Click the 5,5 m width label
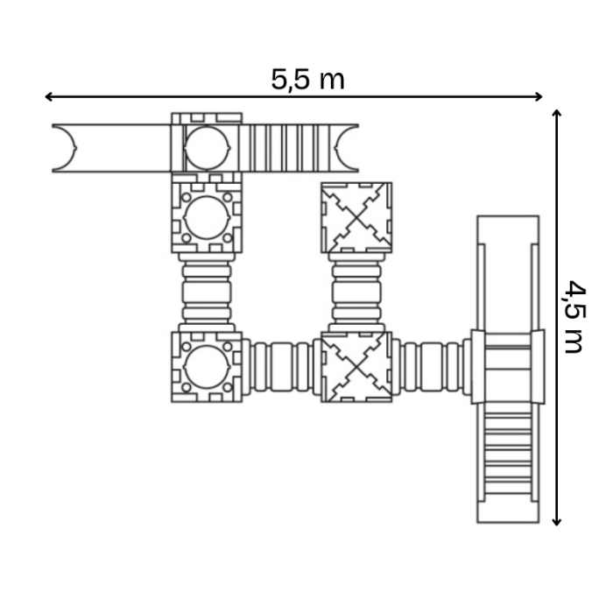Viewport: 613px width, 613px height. pos(307,80)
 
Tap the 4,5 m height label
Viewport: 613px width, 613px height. pos(573,316)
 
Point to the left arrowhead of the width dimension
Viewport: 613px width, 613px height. pos(49,96)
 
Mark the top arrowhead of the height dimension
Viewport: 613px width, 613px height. pos(557,114)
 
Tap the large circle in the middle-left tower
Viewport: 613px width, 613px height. pos(207,217)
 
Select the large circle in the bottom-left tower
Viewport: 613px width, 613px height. pos(207,367)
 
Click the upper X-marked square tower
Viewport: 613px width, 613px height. pos(356,217)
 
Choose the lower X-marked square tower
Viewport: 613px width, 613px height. pos(356,367)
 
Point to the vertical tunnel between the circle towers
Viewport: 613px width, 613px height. pos(207,292)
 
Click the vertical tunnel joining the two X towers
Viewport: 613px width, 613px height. pos(356,292)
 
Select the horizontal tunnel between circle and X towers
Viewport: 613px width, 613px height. pos(281,367)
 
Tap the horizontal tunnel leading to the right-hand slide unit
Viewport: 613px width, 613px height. pos(431,367)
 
